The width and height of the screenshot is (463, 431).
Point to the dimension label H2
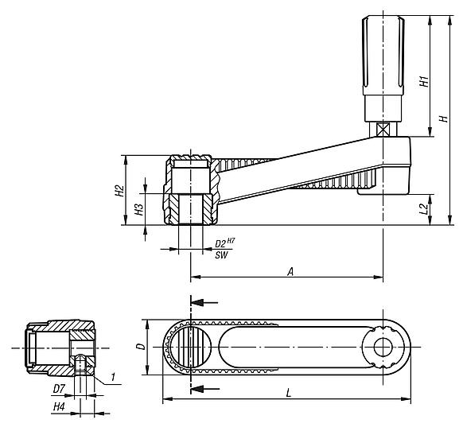coord(119,191)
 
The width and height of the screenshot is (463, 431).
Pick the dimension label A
coord(291,271)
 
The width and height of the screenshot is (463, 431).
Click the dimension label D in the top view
coord(139,347)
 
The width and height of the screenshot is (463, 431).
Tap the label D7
coord(59,390)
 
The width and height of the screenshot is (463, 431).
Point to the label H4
coord(59,406)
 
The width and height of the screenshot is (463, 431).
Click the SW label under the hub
coord(221,254)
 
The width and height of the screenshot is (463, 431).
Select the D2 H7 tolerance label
coord(224,242)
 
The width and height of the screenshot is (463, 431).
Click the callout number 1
coord(114,376)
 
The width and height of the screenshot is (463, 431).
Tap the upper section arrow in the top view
coord(205,302)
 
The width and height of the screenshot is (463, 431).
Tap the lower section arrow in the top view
coord(205,388)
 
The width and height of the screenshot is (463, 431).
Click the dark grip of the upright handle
coord(381,52)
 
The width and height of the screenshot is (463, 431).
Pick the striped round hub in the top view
coord(191,348)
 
